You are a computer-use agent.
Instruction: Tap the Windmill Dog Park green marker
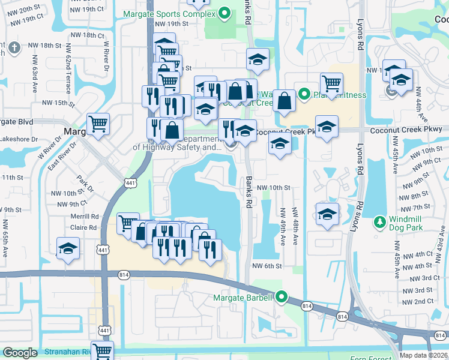click(379, 223)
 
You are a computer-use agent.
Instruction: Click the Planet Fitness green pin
click(304, 94)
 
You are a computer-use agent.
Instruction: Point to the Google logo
click(20, 353)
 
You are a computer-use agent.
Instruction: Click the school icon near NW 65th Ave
click(68, 249)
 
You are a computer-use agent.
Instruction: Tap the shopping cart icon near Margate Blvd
click(98, 125)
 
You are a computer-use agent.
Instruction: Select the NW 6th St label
click(267, 266)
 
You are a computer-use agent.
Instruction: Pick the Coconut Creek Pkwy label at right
click(406, 129)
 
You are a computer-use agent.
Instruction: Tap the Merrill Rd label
click(84, 216)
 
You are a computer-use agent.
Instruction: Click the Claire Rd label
click(83, 227)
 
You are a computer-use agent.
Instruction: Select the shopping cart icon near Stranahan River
click(103, 351)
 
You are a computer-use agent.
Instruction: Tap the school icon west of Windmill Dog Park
click(327, 214)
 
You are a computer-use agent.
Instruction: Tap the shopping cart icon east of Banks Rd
click(331, 83)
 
